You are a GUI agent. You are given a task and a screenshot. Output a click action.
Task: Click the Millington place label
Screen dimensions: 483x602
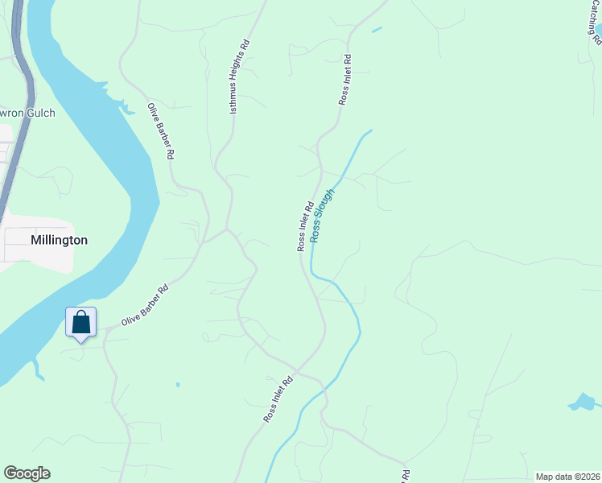click(59, 240)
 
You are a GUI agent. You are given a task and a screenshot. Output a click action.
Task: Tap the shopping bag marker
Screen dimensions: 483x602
click(80, 324)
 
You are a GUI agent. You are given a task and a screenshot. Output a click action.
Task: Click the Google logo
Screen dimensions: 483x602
click(27, 473)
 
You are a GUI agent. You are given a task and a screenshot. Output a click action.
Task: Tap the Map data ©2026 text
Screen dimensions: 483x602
click(567, 477)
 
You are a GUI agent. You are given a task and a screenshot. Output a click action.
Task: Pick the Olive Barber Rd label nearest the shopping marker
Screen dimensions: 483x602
click(144, 304)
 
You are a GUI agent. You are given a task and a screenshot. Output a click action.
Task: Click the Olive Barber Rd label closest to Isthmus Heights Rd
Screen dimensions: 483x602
click(166, 130)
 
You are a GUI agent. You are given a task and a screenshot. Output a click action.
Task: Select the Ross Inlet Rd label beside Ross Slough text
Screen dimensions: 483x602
click(304, 226)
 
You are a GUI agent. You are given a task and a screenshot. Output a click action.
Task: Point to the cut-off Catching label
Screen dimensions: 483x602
click(594, 21)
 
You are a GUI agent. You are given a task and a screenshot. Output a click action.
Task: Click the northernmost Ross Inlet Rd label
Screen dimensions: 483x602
click(344, 80)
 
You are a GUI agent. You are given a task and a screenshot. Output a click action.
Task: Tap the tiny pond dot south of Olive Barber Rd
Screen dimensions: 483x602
click(178, 385)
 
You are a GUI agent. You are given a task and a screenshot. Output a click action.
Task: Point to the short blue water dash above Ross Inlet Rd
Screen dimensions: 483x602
click(377, 31)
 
